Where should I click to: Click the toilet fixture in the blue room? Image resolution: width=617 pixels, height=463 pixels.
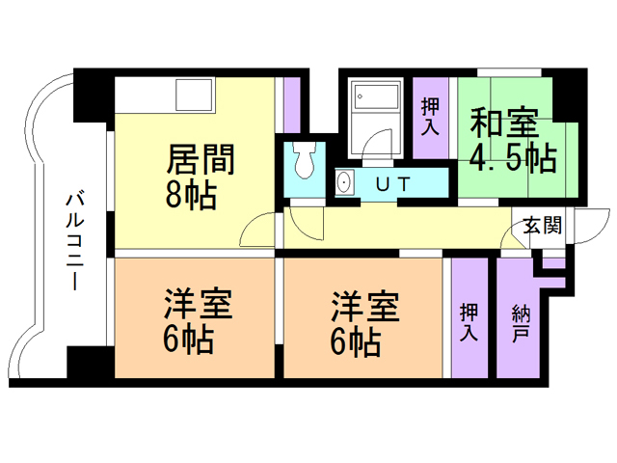[305, 160]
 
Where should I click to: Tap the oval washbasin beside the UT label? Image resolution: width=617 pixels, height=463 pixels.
[345, 182]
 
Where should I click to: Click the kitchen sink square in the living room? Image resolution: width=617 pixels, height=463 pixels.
[195, 95]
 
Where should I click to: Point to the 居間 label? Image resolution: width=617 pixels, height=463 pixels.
[201, 159]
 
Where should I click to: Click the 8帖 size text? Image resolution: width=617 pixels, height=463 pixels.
[191, 194]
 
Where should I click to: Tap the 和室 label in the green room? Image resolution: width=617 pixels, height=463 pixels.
[504, 123]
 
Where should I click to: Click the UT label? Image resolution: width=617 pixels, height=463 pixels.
[393, 184]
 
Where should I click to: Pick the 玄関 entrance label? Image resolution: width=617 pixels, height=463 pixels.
[542, 226]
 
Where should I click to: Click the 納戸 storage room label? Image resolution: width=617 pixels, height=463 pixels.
[522, 324]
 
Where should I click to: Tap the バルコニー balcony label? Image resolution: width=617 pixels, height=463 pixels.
[75, 241]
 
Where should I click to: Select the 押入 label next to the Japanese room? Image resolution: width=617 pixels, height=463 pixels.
[430, 117]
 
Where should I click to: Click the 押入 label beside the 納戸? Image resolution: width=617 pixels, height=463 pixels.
[469, 321]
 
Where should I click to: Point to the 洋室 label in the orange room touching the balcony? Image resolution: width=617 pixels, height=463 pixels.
[199, 304]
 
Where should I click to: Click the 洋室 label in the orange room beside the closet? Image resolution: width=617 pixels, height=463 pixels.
[365, 307]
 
